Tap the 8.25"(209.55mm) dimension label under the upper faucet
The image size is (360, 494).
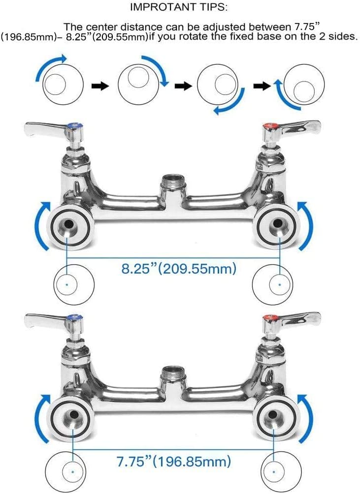click(179, 269)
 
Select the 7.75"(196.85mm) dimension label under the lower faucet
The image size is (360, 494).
click(174, 462)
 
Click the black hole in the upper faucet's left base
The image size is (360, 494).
click(68, 224)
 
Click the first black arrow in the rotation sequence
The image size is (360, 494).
click(100, 86)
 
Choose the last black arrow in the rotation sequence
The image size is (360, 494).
click(262, 86)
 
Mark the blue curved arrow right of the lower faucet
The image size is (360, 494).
click(306, 418)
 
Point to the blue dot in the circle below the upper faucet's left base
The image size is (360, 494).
click(67, 284)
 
